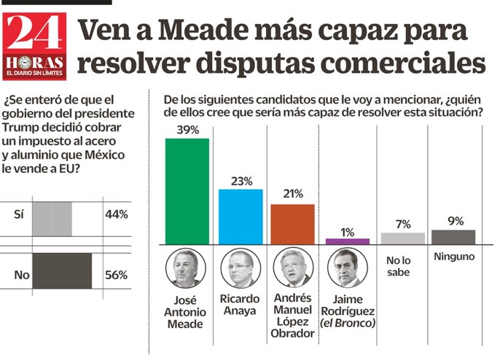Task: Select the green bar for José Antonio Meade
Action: pos(187,191)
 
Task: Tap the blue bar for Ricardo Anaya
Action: pos(241,216)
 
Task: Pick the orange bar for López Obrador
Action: pos(292,224)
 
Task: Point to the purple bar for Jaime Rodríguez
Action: pos(347,241)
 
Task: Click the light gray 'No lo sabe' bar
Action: pos(403,238)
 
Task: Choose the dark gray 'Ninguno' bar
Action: pos(453,237)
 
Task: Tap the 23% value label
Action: pos(241,181)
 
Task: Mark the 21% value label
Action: pos(292,195)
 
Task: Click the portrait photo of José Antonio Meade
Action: pos(187,270)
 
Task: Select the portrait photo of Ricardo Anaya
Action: pos(241,270)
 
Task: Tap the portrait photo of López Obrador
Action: pos(293,270)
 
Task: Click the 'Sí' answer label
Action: pos(18,215)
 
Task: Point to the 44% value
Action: pos(116,215)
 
